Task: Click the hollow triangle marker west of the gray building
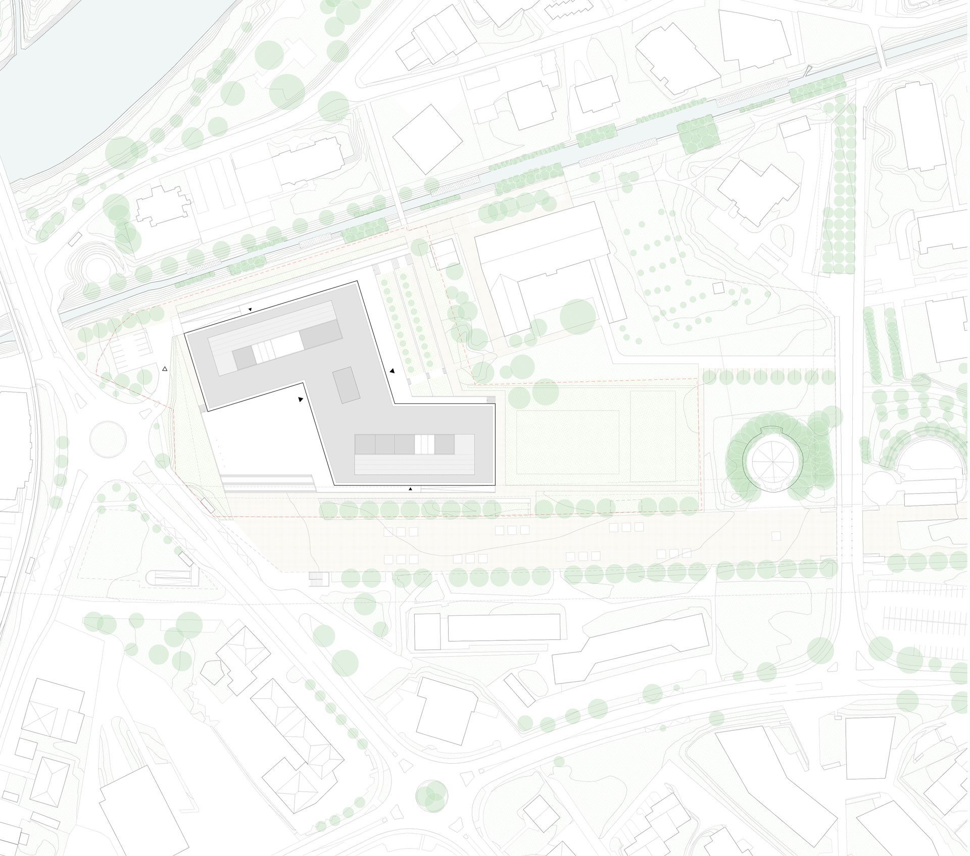pyautogui.click(x=165, y=370)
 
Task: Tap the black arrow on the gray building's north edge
pyautogui.click(x=249, y=309)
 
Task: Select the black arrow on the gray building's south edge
pyautogui.click(x=411, y=489)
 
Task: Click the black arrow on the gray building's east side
pyautogui.click(x=392, y=371)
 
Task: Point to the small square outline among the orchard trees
pyautogui.click(x=718, y=288)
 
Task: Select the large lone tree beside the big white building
pyautogui.click(x=577, y=317)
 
